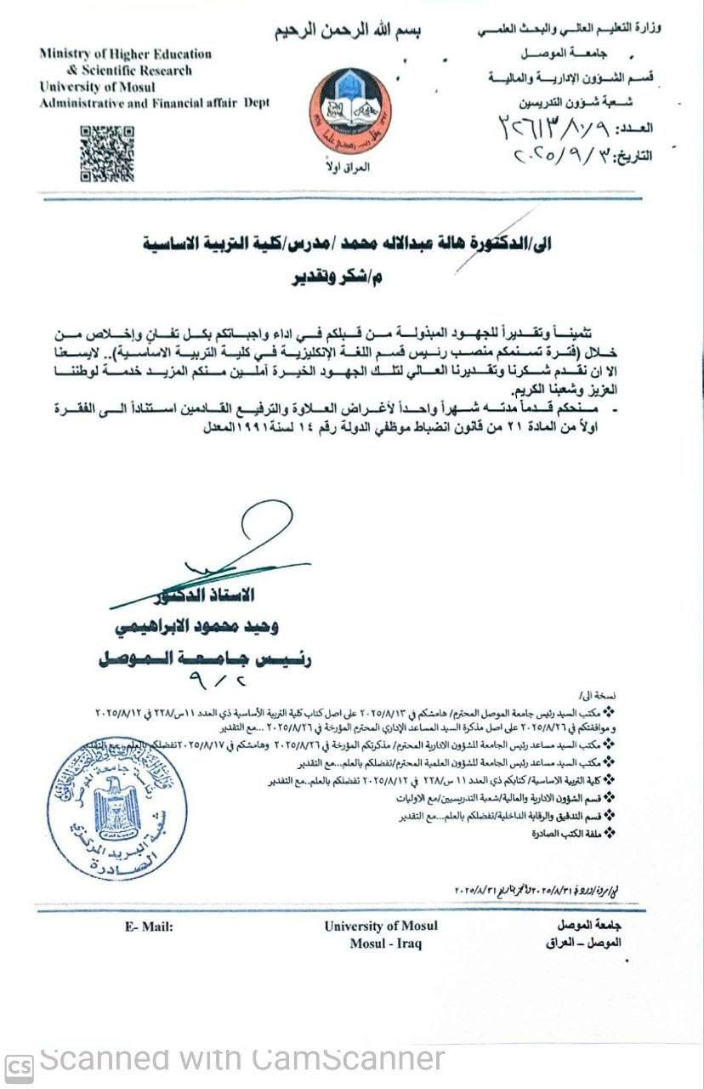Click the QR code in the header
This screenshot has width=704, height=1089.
click(x=106, y=153)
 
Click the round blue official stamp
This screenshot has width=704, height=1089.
click(x=117, y=796)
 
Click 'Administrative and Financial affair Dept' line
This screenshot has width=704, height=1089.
click(x=154, y=103)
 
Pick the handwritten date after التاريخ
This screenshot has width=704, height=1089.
click(x=565, y=157)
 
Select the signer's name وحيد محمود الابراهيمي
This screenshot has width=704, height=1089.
click(x=195, y=627)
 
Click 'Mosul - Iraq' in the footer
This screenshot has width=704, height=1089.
click(x=385, y=944)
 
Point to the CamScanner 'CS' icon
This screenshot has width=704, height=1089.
click(x=19, y=1066)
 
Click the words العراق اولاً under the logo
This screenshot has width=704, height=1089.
click(x=350, y=168)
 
